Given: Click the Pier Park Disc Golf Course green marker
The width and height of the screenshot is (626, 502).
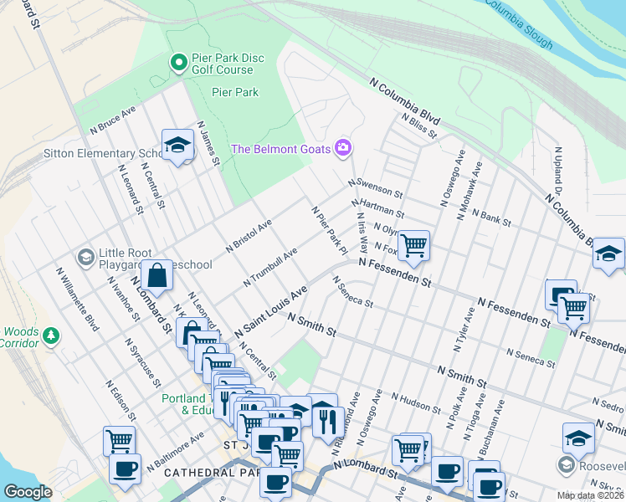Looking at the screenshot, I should [x=178, y=62].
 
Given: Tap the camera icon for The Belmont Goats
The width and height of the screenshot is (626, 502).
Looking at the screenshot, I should [x=343, y=148].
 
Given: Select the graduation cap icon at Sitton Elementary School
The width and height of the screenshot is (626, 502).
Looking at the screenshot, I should [x=177, y=146].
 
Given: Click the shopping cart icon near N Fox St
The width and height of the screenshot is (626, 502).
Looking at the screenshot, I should [x=413, y=245].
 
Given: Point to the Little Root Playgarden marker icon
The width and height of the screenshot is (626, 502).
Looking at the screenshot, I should [x=85, y=256].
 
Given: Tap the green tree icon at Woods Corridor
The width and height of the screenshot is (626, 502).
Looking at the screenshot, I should [x=52, y=336].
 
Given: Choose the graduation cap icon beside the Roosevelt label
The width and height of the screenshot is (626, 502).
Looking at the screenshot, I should [x=578, y=437].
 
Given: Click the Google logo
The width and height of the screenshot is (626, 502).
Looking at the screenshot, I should [x=28, y=491].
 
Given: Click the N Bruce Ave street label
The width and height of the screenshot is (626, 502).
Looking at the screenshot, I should [x=113, y=120].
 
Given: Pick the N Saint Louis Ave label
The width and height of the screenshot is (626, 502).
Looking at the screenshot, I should [x=272, y=310].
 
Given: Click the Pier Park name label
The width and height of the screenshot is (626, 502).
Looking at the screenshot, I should [x=235, y=92].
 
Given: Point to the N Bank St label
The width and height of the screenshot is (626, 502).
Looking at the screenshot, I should [x=491, y=217].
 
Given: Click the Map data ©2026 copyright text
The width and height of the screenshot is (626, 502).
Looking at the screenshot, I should [x=591, y=495].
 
